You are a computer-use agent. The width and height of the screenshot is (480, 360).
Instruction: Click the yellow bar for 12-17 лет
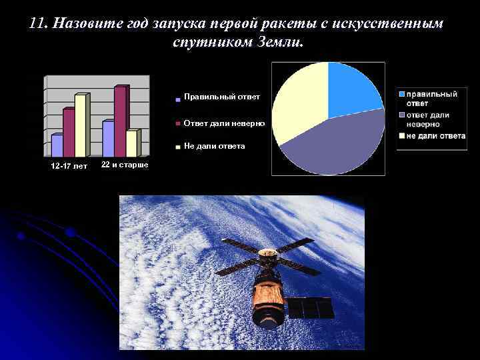pos(81,127)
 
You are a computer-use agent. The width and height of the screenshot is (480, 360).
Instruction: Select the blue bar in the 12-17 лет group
pos(57,145)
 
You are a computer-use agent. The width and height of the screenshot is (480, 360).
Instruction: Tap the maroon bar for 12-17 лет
pos(69,133)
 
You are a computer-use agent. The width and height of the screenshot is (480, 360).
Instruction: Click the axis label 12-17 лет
pos(69,166)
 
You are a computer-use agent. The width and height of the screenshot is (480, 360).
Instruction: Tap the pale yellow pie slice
pos(300,100)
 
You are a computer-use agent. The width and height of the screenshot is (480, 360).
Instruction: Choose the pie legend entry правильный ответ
pos(431,99)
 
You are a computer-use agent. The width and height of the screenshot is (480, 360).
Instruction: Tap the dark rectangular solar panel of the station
pos(311,308)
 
